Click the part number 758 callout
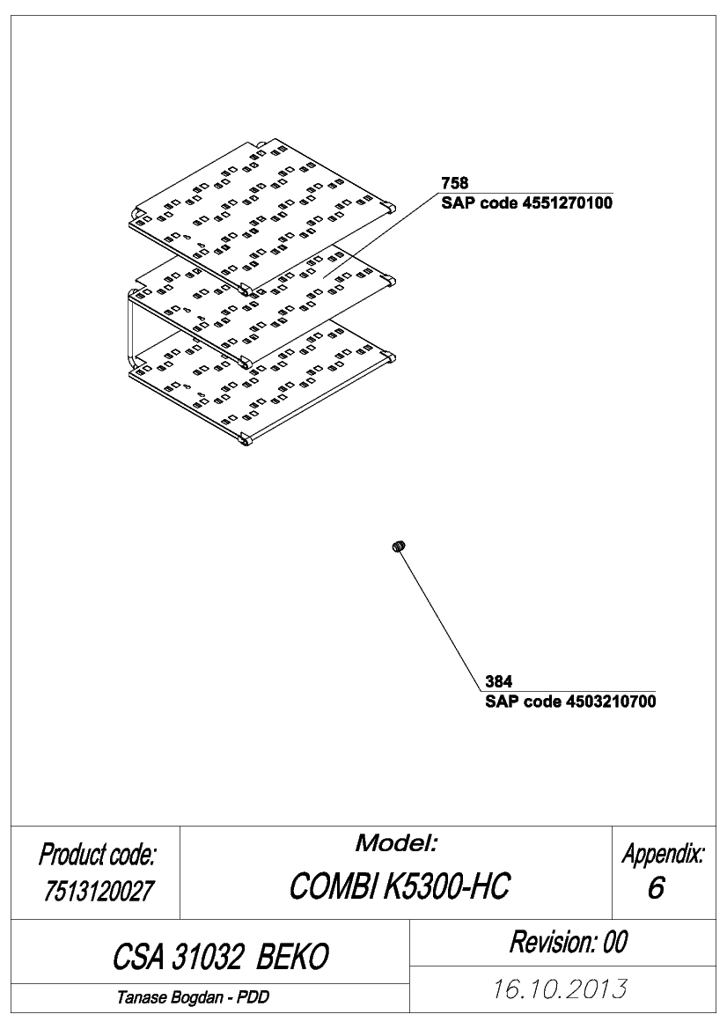pyautogui.click(x=455, y=183)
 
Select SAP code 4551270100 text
pyautogui.click(x=527, y=202)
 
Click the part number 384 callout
pyautogui.click(x=499, y=682)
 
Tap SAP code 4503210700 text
pyautogui.click(x=570, y=702)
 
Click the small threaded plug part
pyautogui.click(x=399, y=546)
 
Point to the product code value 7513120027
pyautogui.click(x=99, y=891)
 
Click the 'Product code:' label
pyautogui.click(x=97, y=855)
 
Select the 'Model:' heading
pyautogui.click(x=396, y=843)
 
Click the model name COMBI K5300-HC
pyautogui.click(x=399, y=886)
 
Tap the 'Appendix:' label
pyautogui.click(x=664, y=855)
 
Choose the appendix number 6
pyautogui.click(x=656, y=888)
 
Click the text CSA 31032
pyautogui.click(x=177, y=957)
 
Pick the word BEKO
pyautogui.click(x=292, y=957)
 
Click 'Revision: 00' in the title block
pyautogui.click(x=569, y=942)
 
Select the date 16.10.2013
pyautogui.click(x=560, y=989)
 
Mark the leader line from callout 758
pyautogui.click(x=381, y=235)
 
